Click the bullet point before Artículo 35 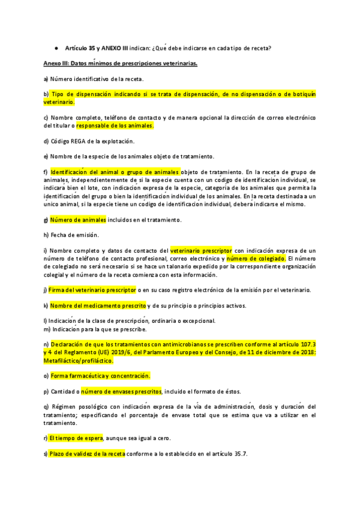(x=55, y=48)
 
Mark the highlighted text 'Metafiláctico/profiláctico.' (x=79, y=361)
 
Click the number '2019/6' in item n (x=124, y=353)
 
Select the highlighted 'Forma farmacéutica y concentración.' (x=100, y=376)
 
